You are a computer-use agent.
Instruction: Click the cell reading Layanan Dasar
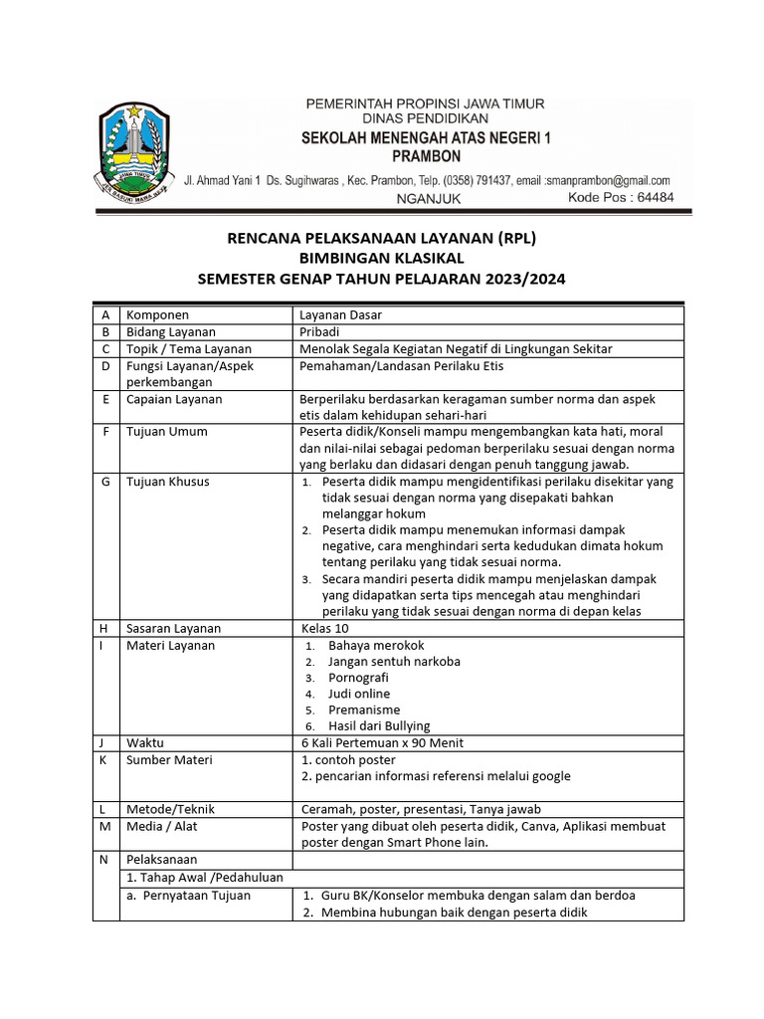tap(341, 315)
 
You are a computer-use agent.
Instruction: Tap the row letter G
tap(104, 482)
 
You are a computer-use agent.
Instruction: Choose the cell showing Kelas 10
tap(325, 629)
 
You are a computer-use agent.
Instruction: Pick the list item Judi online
tap(359, 694)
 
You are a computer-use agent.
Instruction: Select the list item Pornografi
tap(358, 678)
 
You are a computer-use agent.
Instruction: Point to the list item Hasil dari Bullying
tap(379, 726)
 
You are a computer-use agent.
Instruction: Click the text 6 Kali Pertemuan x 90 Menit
tap(381, 743)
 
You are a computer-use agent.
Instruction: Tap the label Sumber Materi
tap(169, 760)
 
